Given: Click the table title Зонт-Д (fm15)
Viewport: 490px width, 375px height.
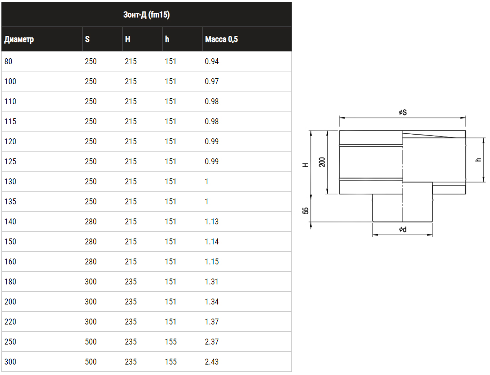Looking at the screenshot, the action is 146,15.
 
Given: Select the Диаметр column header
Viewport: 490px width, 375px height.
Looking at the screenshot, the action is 19,40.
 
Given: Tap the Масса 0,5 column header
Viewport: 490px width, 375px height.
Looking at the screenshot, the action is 221,39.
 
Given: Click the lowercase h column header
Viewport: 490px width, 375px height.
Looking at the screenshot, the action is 167,39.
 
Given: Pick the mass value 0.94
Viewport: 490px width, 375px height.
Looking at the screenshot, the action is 211,61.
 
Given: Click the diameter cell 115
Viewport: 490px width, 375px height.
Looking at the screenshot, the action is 10,122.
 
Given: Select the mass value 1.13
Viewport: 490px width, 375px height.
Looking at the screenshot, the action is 211,222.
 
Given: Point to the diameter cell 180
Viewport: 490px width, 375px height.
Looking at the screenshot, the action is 10,282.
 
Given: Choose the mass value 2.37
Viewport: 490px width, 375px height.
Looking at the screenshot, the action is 211,341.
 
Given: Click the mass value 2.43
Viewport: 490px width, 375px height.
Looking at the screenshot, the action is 211,361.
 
